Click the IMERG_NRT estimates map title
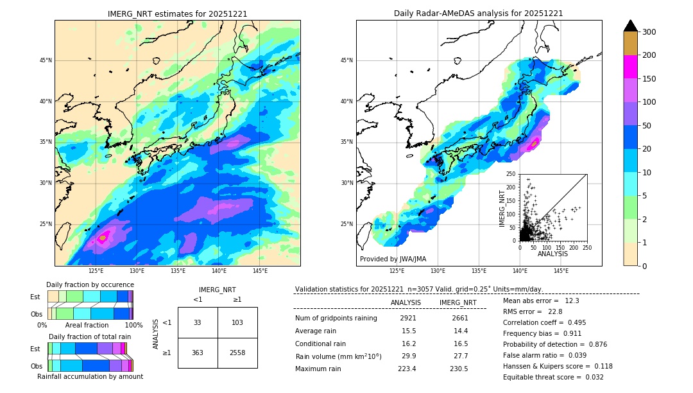177,13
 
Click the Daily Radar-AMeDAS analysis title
478,13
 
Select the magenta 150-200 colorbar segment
630,67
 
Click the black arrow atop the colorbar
630,26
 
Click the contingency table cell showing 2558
237,353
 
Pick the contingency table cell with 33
198,322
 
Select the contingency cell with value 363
198,353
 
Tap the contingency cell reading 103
237,322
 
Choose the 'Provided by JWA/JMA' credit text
393,259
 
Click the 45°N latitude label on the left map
46,60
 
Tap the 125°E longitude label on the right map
398,272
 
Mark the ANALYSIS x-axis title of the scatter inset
552,254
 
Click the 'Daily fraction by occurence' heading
90,284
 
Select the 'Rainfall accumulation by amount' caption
90,376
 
